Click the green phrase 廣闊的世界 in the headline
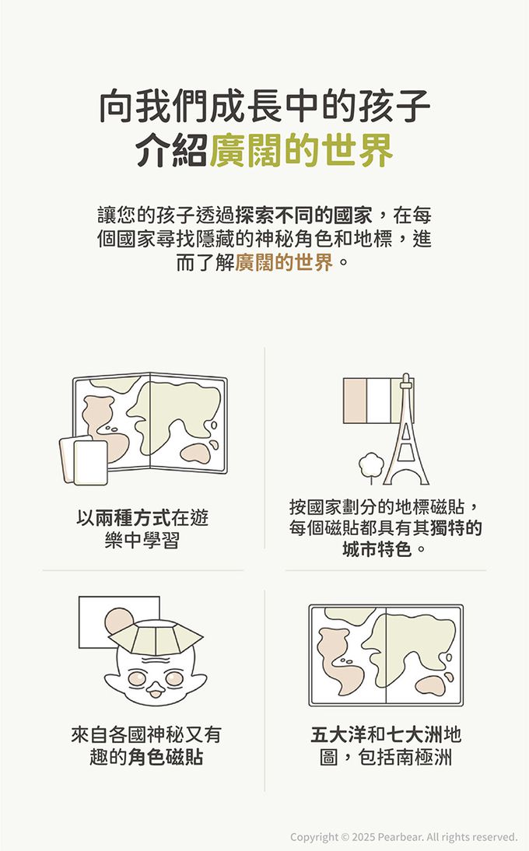pos(301,150)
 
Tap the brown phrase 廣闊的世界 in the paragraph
pos(284,263)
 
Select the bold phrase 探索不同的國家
pos(303,215)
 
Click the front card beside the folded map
pos(90,462)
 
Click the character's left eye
pos(136,678)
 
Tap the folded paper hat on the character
pos(156,638)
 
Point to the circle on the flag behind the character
pos(119,622)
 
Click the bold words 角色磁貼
pos(166,757)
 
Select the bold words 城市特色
pos(377,550)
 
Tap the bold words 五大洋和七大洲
pos(377,735)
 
